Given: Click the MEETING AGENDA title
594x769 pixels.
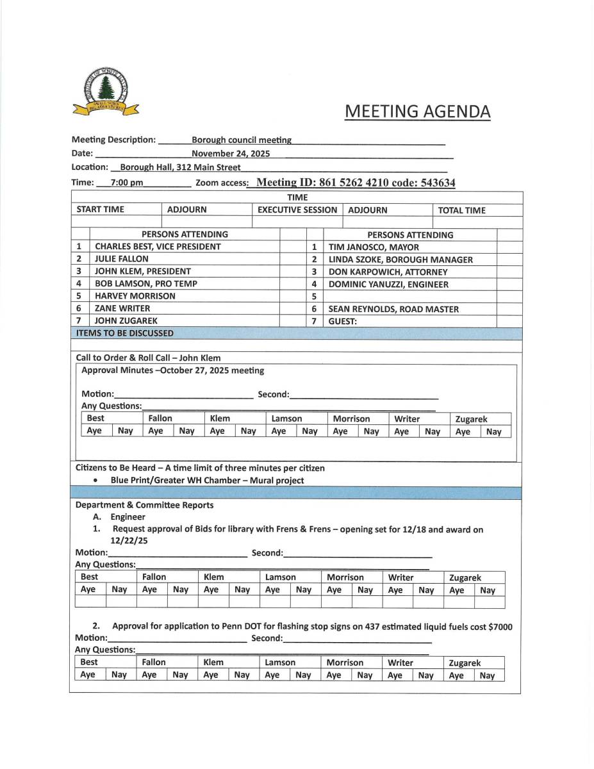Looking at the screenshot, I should coord(417,112).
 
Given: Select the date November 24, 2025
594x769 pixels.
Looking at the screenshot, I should coord(230,154).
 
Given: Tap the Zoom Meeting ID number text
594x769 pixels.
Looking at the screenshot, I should coord(356,183).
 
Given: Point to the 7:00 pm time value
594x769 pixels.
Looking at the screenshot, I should coord(126,183).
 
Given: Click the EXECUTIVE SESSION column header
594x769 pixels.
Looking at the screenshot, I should coord(297,210).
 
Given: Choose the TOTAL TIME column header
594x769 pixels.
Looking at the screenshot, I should coord(461,210).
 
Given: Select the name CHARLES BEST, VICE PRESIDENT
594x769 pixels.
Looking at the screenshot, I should coord(158,247).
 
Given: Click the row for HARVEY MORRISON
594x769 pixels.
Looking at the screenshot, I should coord(135,296).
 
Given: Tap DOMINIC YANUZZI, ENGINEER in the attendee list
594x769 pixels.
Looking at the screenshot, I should coord(388,285).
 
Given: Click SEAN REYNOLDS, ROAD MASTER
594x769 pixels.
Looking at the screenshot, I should coord(393,309).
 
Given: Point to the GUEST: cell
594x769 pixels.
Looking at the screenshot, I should coord(343,321).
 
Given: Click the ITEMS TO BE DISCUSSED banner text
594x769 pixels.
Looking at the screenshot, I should coord(124,333).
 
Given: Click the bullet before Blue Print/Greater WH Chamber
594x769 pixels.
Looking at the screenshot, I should coord(95,481).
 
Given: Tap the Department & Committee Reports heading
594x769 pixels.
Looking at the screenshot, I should coord(144,505).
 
